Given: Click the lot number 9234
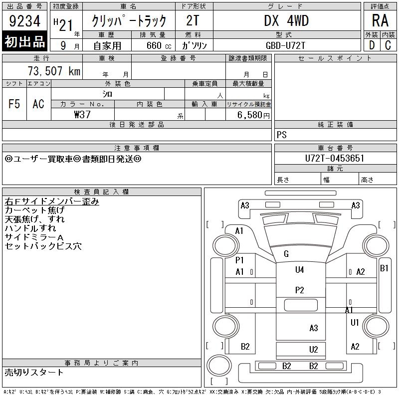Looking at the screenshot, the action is click(24, 21).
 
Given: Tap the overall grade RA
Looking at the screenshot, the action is click(380, 20).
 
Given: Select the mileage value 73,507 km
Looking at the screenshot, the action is click(54, 71).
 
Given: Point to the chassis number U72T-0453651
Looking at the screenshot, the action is click(335, 158).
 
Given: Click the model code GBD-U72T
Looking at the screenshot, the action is click(285, 45).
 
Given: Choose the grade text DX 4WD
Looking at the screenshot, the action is click(286, 20).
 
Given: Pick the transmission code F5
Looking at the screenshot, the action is click(14, 104).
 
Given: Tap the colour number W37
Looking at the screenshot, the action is click(82, 115).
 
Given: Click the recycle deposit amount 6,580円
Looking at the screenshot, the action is click(253, 115).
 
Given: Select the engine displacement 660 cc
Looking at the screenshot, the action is click(159, 45).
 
